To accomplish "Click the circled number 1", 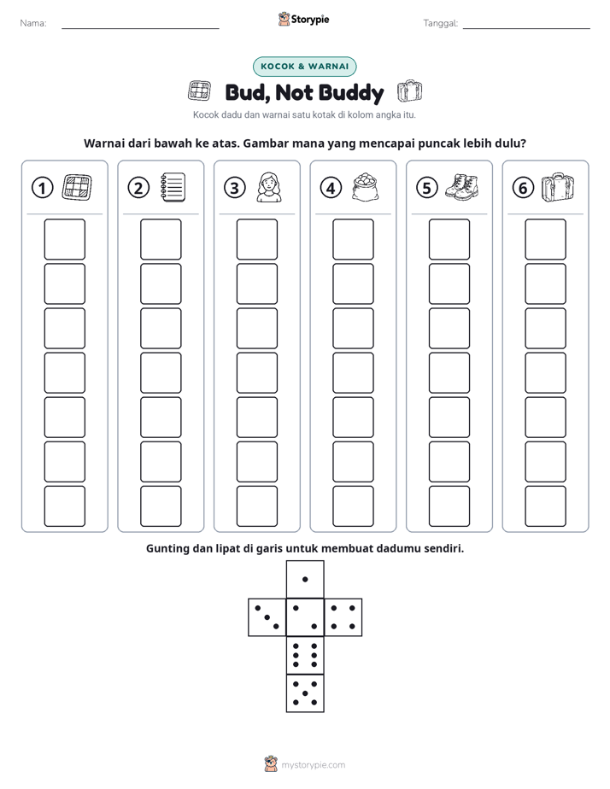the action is [42, 188].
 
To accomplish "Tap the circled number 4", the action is [331, 188].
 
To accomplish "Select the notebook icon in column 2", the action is [173, 188].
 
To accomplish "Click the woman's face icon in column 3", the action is [269, 187].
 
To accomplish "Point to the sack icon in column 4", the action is [366, 187].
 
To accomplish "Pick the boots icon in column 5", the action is [461, 187].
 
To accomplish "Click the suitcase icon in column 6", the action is [558, 187].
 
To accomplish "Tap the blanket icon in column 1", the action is [77, 187].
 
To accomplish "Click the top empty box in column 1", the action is [64, 239].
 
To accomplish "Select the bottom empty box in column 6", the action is [545, 506].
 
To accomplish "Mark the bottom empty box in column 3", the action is [256, 506].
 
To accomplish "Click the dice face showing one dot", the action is [305, 579].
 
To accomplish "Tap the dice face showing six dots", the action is [305, 655].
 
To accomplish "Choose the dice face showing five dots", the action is [305, 693].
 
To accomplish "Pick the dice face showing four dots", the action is [343, 617].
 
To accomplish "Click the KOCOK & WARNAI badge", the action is [304, 67].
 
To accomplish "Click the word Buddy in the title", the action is [351, 93].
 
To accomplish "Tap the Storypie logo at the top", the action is [303, 20].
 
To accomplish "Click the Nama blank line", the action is [140, 28].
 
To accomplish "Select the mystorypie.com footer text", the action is [313, 765].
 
